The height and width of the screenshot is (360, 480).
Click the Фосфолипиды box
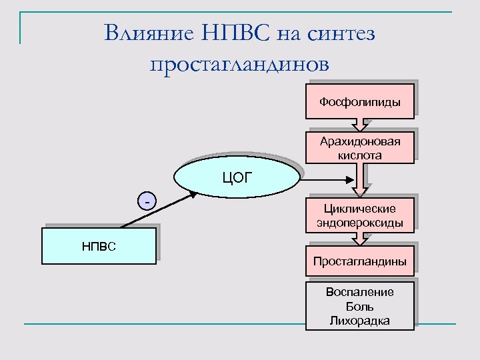click(360, 102)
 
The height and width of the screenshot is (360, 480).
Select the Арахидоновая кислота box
click(360, 148)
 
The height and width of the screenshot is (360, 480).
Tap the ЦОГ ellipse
click(235, 177)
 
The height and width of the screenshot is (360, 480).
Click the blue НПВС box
click(99, 246)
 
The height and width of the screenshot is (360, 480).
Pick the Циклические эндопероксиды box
click(360, 216)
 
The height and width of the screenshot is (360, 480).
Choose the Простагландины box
click(360, 261)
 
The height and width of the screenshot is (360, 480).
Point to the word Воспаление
click(360, 292)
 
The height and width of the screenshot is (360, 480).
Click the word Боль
click(360, 307)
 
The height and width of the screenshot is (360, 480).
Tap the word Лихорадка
click(360, 321)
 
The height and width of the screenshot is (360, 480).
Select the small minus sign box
click(147, 200)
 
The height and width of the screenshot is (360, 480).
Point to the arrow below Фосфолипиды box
click(360, 123)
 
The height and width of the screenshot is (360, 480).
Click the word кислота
click(360, 155)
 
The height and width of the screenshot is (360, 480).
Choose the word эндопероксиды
click(360, 223)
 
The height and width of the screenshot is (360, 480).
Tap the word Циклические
click(360, 209)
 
